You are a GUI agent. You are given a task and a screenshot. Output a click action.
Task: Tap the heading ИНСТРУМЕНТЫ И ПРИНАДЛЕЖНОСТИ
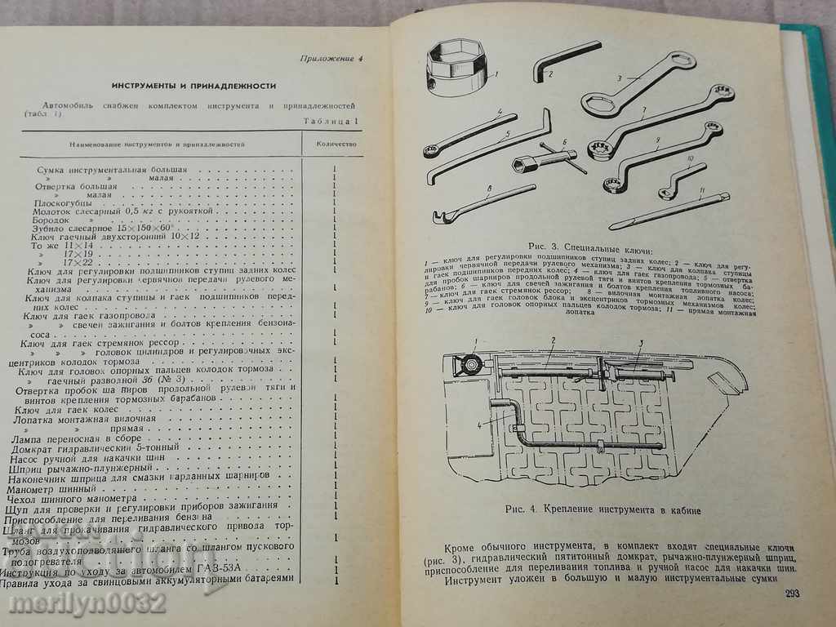click(193, 85)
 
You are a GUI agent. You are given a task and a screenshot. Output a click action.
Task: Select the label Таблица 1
click(331, 122)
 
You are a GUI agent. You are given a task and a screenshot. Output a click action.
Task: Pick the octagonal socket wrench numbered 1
click(459, 67)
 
